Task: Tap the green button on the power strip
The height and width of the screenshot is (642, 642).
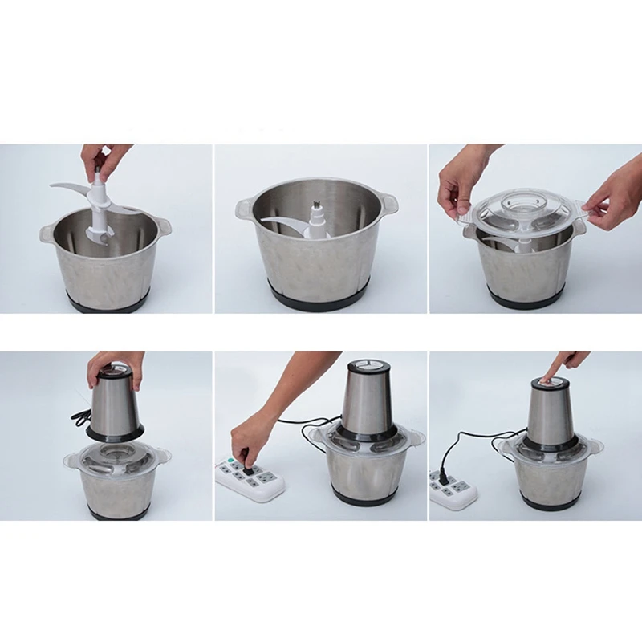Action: click(x=230, y=461)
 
